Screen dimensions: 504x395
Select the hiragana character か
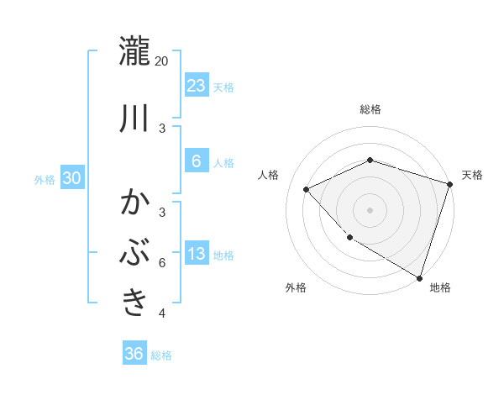point(135,203)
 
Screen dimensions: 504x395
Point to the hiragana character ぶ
point(135,253)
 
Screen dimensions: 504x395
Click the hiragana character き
point(135,301)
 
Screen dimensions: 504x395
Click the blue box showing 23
point(197,86)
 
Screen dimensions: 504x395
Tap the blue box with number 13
point(197,255)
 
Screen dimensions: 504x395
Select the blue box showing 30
point(72,178)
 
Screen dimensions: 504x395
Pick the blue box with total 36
point(134,354)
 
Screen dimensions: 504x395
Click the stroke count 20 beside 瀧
point(162,61)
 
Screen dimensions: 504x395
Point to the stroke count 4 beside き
point(162,313)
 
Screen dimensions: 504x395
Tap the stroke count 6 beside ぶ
point(162,263)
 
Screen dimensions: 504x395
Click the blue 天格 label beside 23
point(223,87)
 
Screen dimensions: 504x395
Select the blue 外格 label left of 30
point(45,179)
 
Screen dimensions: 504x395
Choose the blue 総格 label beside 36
point(161,355)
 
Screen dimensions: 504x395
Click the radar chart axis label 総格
point(370,109)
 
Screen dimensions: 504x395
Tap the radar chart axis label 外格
point(296,287)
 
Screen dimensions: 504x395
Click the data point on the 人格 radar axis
point(307,189)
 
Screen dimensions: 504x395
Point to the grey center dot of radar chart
point(370,209)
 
